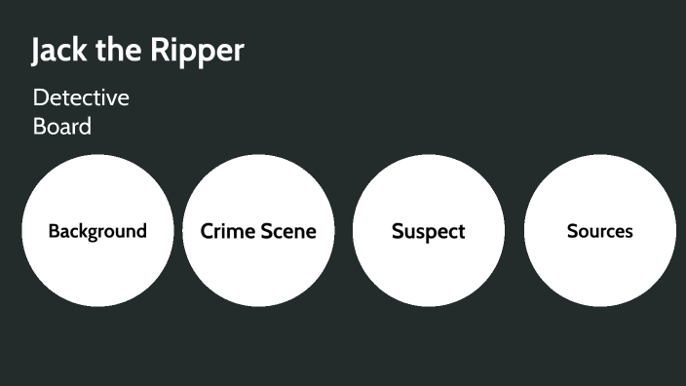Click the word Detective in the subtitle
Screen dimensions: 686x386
[x=81, y=98]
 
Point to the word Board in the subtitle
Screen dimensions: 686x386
[x=61, y=127]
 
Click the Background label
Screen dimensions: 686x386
[x=97, y=232]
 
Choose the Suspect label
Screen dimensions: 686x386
[x=429, y=232]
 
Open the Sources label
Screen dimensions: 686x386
[x=600, y=232]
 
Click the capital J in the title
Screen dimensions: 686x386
[x=37, y=52]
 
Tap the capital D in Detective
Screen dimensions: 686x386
[x=40, y=98]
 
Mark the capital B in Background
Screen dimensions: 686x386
[x=54, y=232]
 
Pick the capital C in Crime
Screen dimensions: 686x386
[x=208, y=232]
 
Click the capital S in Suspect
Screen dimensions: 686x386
[x=398, y=232]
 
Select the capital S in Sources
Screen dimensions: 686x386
[x=572, y=232]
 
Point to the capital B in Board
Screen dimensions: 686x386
[x=40, y=127]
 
